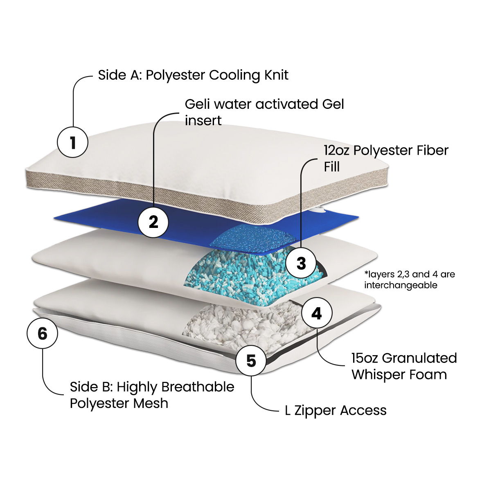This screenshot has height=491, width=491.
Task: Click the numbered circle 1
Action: [72, 142]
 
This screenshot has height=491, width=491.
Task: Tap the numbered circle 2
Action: [153, 222]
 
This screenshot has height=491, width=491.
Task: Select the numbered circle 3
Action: [301, 263]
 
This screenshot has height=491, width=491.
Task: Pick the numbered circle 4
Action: [317, 313]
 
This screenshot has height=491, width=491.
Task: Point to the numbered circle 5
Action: [251, 360]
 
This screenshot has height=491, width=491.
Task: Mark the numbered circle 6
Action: [43, 333]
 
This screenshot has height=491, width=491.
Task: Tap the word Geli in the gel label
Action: [198, 104]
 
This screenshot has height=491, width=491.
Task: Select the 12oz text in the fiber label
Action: [337, 150]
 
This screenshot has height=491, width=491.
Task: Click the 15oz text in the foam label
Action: [365, 358]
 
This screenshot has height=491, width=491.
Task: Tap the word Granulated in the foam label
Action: [419, 358]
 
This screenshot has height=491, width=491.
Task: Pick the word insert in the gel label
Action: [203, 121]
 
